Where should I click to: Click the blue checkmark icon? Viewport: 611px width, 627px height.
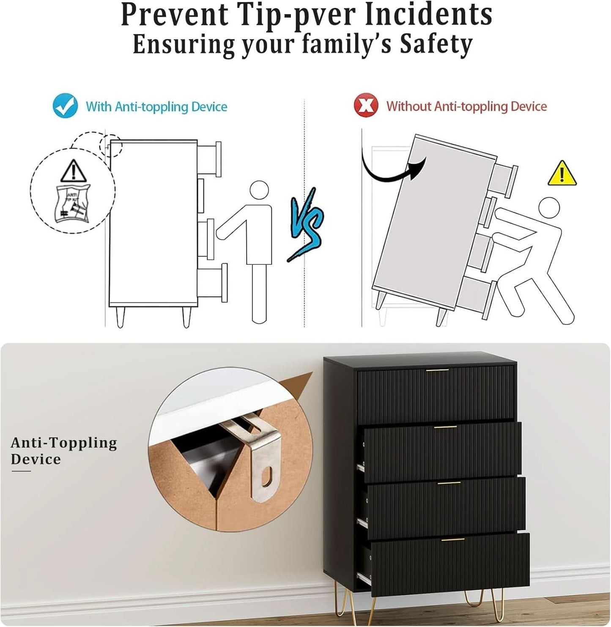tap(66, 105)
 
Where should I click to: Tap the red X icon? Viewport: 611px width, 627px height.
tap(366, 105)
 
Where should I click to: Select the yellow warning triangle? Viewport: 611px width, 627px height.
tap(562, 173)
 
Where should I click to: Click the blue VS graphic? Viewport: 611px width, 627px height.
tap(305, 225)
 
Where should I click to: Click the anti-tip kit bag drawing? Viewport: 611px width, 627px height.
tap(73, 203)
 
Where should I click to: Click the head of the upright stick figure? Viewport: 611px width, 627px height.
tap(259, 190)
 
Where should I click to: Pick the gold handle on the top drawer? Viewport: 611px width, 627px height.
tap(437, 370)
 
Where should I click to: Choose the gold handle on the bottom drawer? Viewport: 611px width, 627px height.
tap(453, 539)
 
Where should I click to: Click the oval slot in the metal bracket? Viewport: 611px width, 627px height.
tap(267, 476)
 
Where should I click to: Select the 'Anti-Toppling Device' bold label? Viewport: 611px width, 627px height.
tap(64, 452)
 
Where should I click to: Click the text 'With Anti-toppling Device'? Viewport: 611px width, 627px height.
tap(156, 107)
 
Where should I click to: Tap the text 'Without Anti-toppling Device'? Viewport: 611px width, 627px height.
tap(466, 106)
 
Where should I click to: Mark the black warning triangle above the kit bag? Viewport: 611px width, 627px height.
tap(74, 171)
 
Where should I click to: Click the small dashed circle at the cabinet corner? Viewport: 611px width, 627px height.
tap(111, 145)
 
